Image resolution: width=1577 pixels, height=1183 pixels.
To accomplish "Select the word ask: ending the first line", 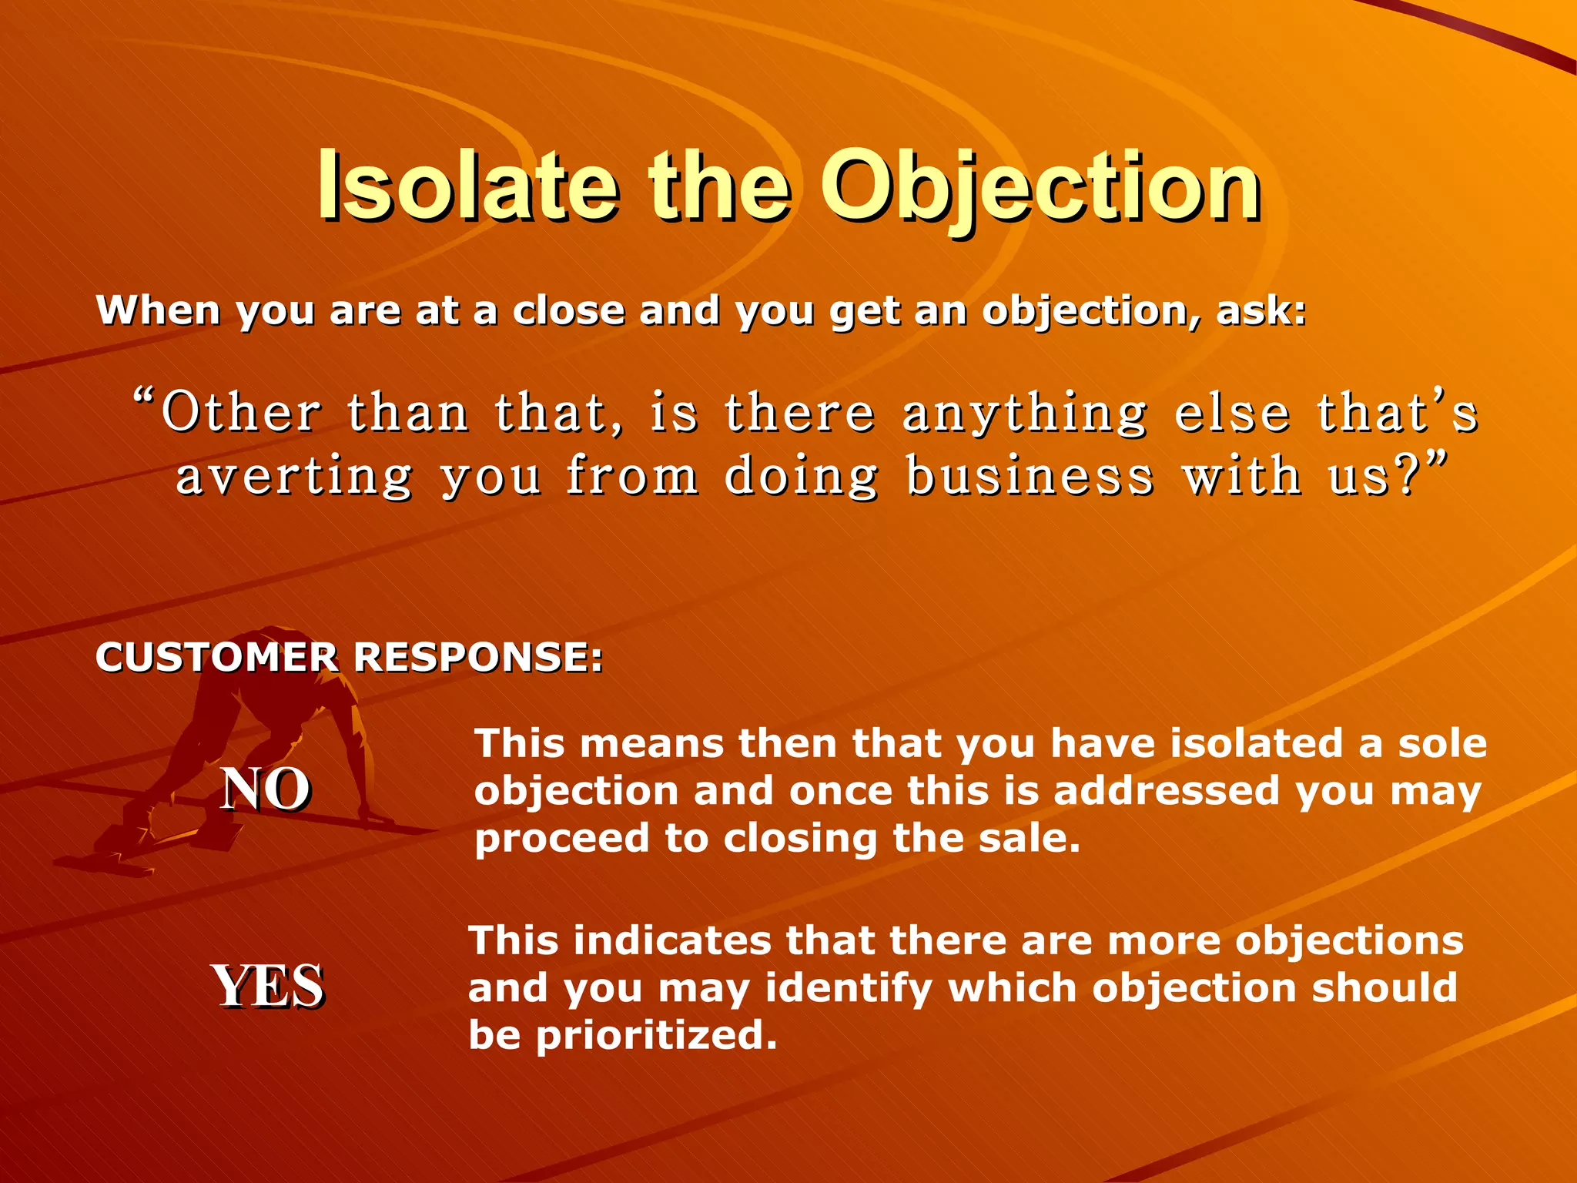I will tap(1261, 311).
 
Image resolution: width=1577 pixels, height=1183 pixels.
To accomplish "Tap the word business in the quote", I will tap(1030, 476).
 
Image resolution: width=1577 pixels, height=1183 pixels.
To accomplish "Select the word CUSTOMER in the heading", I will tap(216, 658).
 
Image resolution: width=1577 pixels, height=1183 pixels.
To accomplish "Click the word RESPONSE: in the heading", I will tap(477, 658).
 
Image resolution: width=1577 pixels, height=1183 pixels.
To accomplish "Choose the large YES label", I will tap(267, 987).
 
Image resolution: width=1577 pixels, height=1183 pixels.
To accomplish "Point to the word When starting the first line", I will tap(159, 311).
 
